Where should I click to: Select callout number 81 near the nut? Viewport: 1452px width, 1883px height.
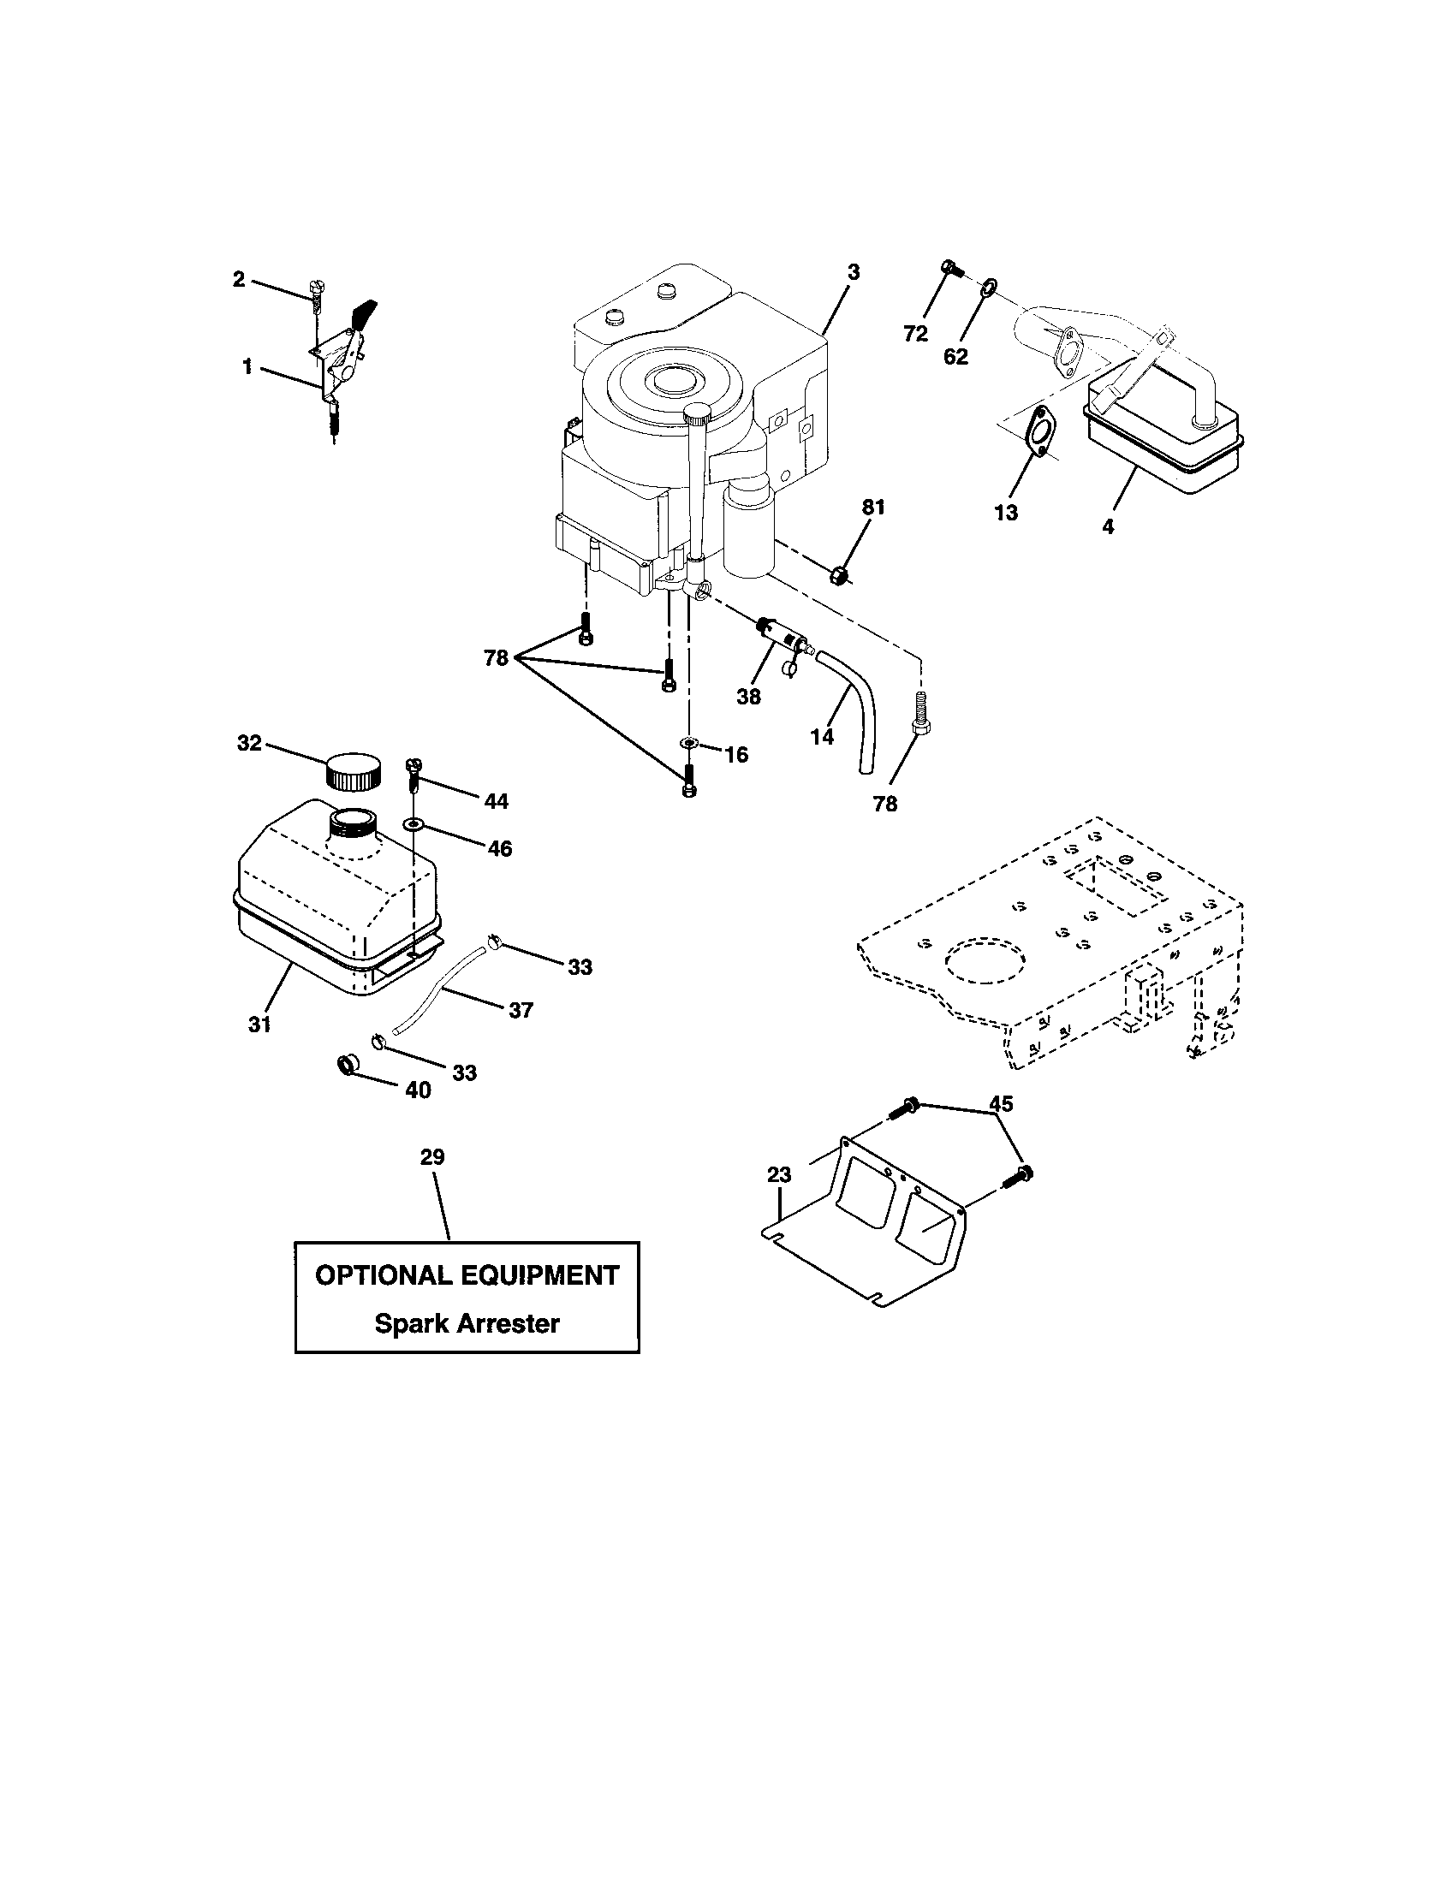tap(873, 508)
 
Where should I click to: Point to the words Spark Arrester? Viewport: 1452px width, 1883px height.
tap(467, 1323)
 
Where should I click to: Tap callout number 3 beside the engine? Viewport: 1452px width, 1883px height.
tap(853, 272)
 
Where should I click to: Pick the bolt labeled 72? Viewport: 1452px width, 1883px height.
tap(951, 268)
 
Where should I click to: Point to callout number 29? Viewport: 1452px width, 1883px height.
tap(432, 1157)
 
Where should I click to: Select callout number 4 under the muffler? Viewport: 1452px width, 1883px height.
tap(1108, 526)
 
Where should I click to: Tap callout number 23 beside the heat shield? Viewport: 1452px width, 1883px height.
tap(778, 1173)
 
